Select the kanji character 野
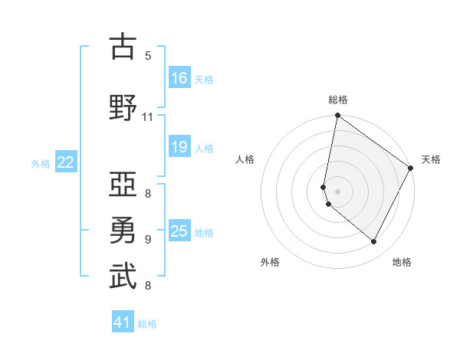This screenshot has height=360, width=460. (123, 107)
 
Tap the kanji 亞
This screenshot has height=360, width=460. (123, 184)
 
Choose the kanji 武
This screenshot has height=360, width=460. (123, 277)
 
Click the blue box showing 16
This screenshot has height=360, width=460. (179, 78)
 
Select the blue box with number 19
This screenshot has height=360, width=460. (179, 147)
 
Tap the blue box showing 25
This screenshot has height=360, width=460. (179, 231)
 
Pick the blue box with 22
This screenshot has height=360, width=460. (66, 162)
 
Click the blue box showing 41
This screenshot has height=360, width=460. (123, 322)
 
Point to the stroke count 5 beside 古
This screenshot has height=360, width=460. (148, 55)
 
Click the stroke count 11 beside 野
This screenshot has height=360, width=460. (148, 117)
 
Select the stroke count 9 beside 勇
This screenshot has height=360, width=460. (148, 239)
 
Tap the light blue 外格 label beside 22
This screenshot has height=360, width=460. (41, 163)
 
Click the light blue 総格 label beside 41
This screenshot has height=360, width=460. (147, 323)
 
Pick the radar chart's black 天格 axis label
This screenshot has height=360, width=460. (431, 159)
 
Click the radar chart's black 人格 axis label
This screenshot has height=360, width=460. (245, 159)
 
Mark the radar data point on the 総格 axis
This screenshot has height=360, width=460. (337, 116)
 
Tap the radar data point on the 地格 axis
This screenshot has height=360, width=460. (374, 242)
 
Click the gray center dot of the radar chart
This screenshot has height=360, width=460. (337, 191)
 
